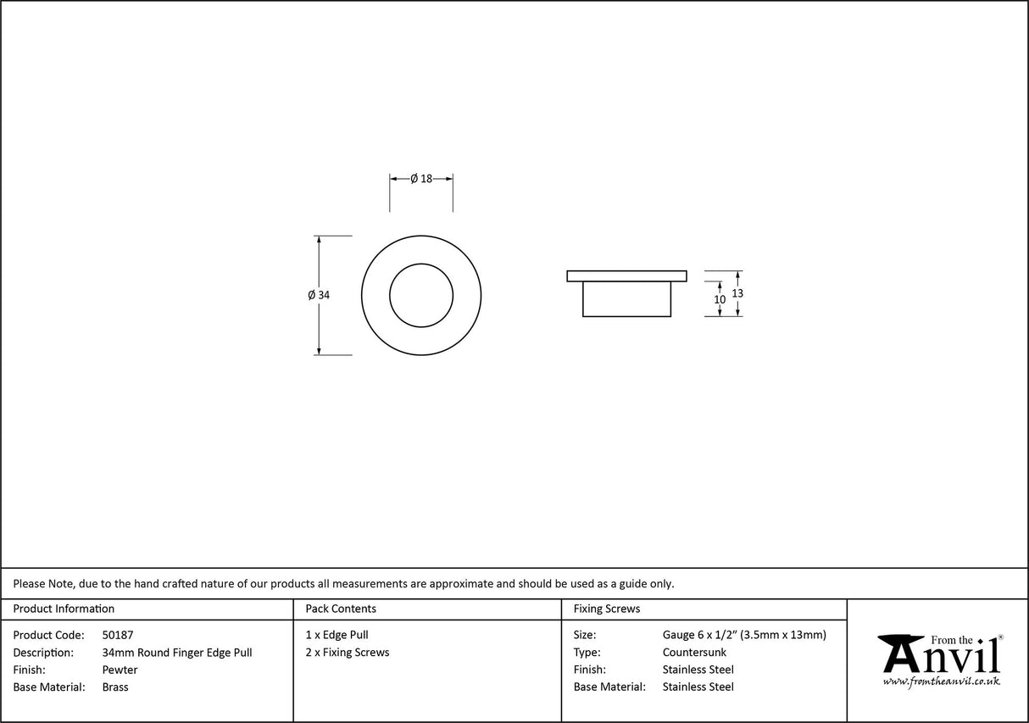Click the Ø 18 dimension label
point(421,179)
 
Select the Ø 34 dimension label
point(319,295)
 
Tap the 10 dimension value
point(720,299)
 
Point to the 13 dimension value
point(737,292)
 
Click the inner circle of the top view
point(421,295)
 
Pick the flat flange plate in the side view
point(626,275)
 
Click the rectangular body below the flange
point(626,299)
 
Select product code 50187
point(117,635)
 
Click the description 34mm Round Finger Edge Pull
point(176,653)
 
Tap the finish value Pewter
point(120,670)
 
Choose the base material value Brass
point(115,687)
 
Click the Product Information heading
point(64,609)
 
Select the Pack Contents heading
point(341,609)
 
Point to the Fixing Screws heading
point(607,609)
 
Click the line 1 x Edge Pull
point(337,635)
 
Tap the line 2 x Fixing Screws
point(348,653)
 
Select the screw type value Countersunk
point(694,653)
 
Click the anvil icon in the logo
point(901,653)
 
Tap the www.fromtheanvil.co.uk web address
point(941,681)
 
